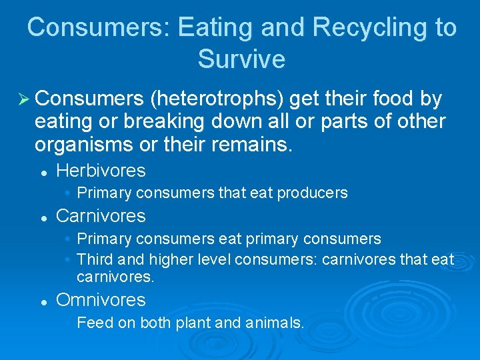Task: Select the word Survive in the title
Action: (241, 59)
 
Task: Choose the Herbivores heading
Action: (101, 171)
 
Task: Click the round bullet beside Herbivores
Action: (42, 172)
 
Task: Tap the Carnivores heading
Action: (101, 216)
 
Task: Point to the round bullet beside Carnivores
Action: (42, 217)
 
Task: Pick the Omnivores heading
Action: (101, 300)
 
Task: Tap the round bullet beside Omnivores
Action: (42, 301)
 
